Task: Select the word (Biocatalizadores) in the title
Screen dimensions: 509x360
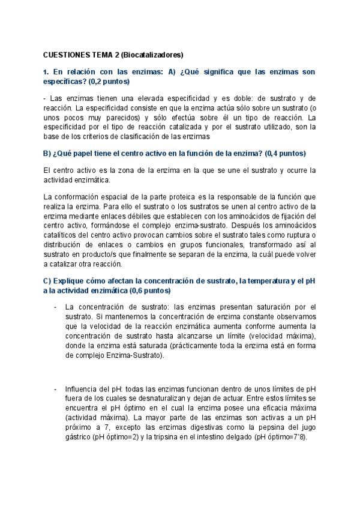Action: tap(152, 54)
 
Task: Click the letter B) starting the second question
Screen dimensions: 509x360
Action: tap(48, 152)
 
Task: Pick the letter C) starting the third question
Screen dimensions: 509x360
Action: tap(48, 280)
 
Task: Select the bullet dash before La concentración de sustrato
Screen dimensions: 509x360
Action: tap(55, 307)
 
